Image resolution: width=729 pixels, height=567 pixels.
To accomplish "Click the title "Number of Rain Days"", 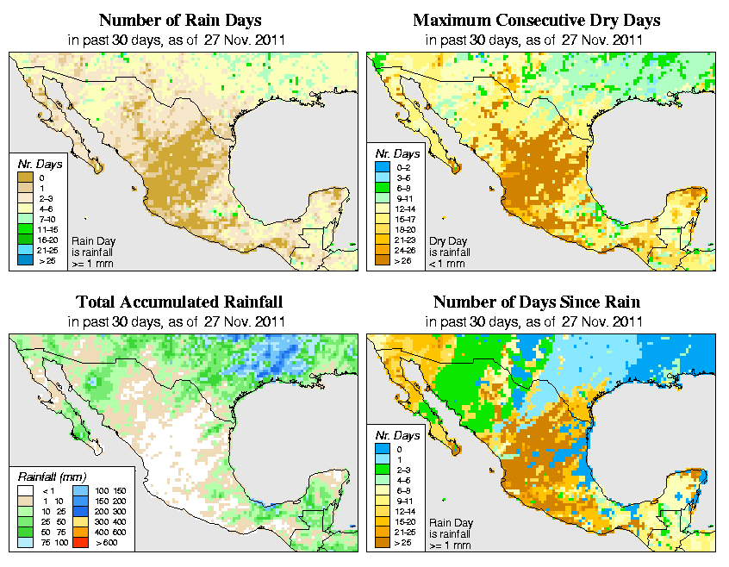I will click(180, 20).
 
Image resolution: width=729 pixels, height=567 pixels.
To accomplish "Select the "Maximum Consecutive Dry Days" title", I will click(537, 20).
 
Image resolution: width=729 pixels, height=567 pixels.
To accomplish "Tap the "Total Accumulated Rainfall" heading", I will click(179, 302).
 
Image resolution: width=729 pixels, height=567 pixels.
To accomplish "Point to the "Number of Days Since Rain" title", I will click(537, 302).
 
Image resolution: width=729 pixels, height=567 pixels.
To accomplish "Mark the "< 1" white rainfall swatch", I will click(27, 489).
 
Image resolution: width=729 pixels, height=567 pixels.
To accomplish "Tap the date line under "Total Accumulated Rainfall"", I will click(179, 322).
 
